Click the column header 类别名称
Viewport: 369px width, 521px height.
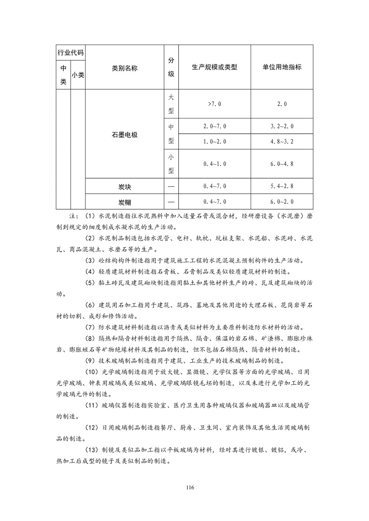(125, 67)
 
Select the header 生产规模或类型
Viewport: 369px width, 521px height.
(214, 67)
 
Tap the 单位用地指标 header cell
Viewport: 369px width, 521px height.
(282, 67)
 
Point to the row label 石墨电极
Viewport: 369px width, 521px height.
(125, 135)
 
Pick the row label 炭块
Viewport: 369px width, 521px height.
(125, 186)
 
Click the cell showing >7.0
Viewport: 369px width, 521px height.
(214, 104)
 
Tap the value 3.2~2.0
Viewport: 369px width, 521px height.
(282, 126)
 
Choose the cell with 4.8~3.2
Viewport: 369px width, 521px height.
(282, 141)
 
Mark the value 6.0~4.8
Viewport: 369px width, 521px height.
(282, 163)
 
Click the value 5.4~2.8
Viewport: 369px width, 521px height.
(282, 186)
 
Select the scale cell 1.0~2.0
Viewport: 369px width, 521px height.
(214, 141)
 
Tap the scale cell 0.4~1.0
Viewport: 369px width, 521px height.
(214, 163)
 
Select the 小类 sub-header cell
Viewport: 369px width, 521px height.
(78, 74)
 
